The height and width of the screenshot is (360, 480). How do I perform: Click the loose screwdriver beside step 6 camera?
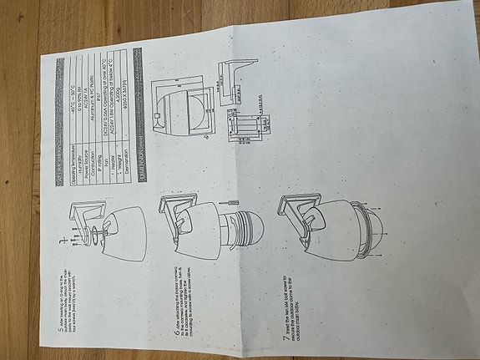[231, 202]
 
